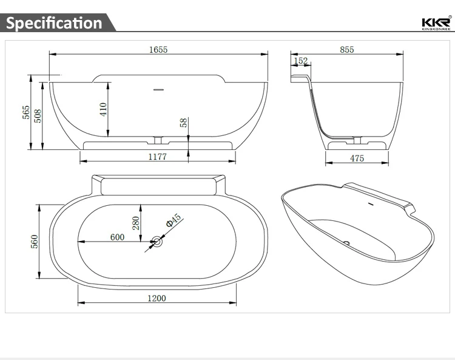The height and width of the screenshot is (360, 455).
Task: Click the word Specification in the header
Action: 54,23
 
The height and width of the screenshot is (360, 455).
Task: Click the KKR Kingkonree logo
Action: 435,22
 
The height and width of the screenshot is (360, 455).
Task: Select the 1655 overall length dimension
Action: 158,50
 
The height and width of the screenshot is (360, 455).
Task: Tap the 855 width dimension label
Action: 346,50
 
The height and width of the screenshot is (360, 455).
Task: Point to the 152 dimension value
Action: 301,61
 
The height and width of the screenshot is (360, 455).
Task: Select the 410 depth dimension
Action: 103,109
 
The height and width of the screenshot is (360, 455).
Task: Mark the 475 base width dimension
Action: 357,158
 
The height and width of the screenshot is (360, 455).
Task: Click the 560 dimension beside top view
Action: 35,241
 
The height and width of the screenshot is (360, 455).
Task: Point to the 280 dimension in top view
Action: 136,223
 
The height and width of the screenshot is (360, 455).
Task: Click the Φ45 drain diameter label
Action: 174,220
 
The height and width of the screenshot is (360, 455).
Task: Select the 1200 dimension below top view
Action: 156,298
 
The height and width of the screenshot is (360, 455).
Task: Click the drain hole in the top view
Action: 157,242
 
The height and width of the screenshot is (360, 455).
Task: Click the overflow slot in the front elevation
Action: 158,90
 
